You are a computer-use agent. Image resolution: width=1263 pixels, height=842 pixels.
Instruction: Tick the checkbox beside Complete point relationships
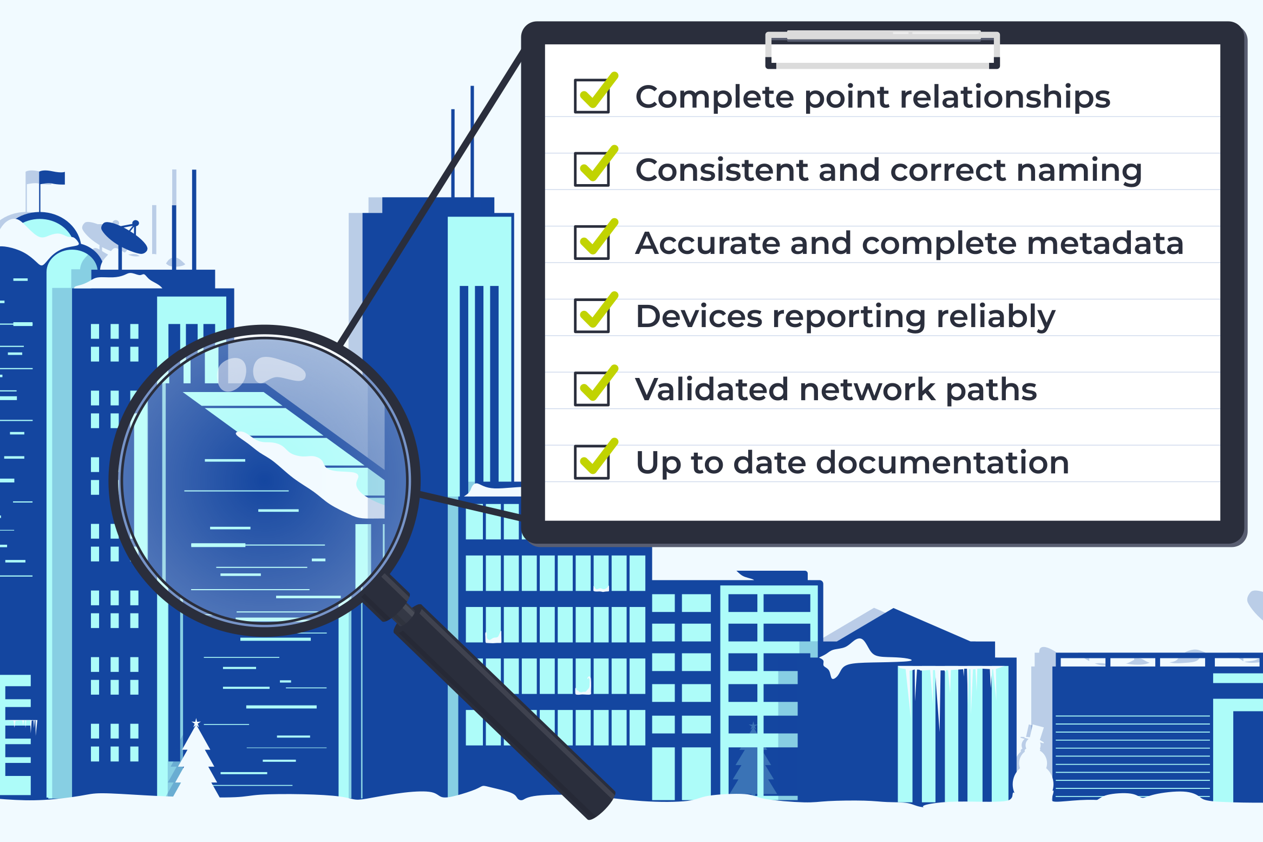(x=592, y=96)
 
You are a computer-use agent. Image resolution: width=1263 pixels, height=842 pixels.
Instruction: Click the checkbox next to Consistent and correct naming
(x=592, y=169)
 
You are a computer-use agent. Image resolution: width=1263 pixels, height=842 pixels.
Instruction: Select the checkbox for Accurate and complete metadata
(x=592, y=243)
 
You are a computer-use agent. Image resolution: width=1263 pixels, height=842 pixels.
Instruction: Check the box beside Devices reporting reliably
(x=592, y=316)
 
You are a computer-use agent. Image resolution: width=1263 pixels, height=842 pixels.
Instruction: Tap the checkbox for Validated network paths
(x=592, y=389)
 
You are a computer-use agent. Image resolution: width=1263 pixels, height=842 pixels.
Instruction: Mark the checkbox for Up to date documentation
(x=592, y=462)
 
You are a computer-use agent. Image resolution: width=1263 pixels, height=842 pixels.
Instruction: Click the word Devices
(x=699, y=317)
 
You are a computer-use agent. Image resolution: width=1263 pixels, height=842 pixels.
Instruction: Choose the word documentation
(x=942, y=463)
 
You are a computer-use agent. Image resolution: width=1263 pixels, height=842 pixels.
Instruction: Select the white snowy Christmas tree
(x=196, y=763)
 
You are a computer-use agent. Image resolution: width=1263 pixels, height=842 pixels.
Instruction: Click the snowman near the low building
(x=1032, y=763)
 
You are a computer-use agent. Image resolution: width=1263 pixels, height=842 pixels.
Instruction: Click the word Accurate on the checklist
(x=707, y=244)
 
